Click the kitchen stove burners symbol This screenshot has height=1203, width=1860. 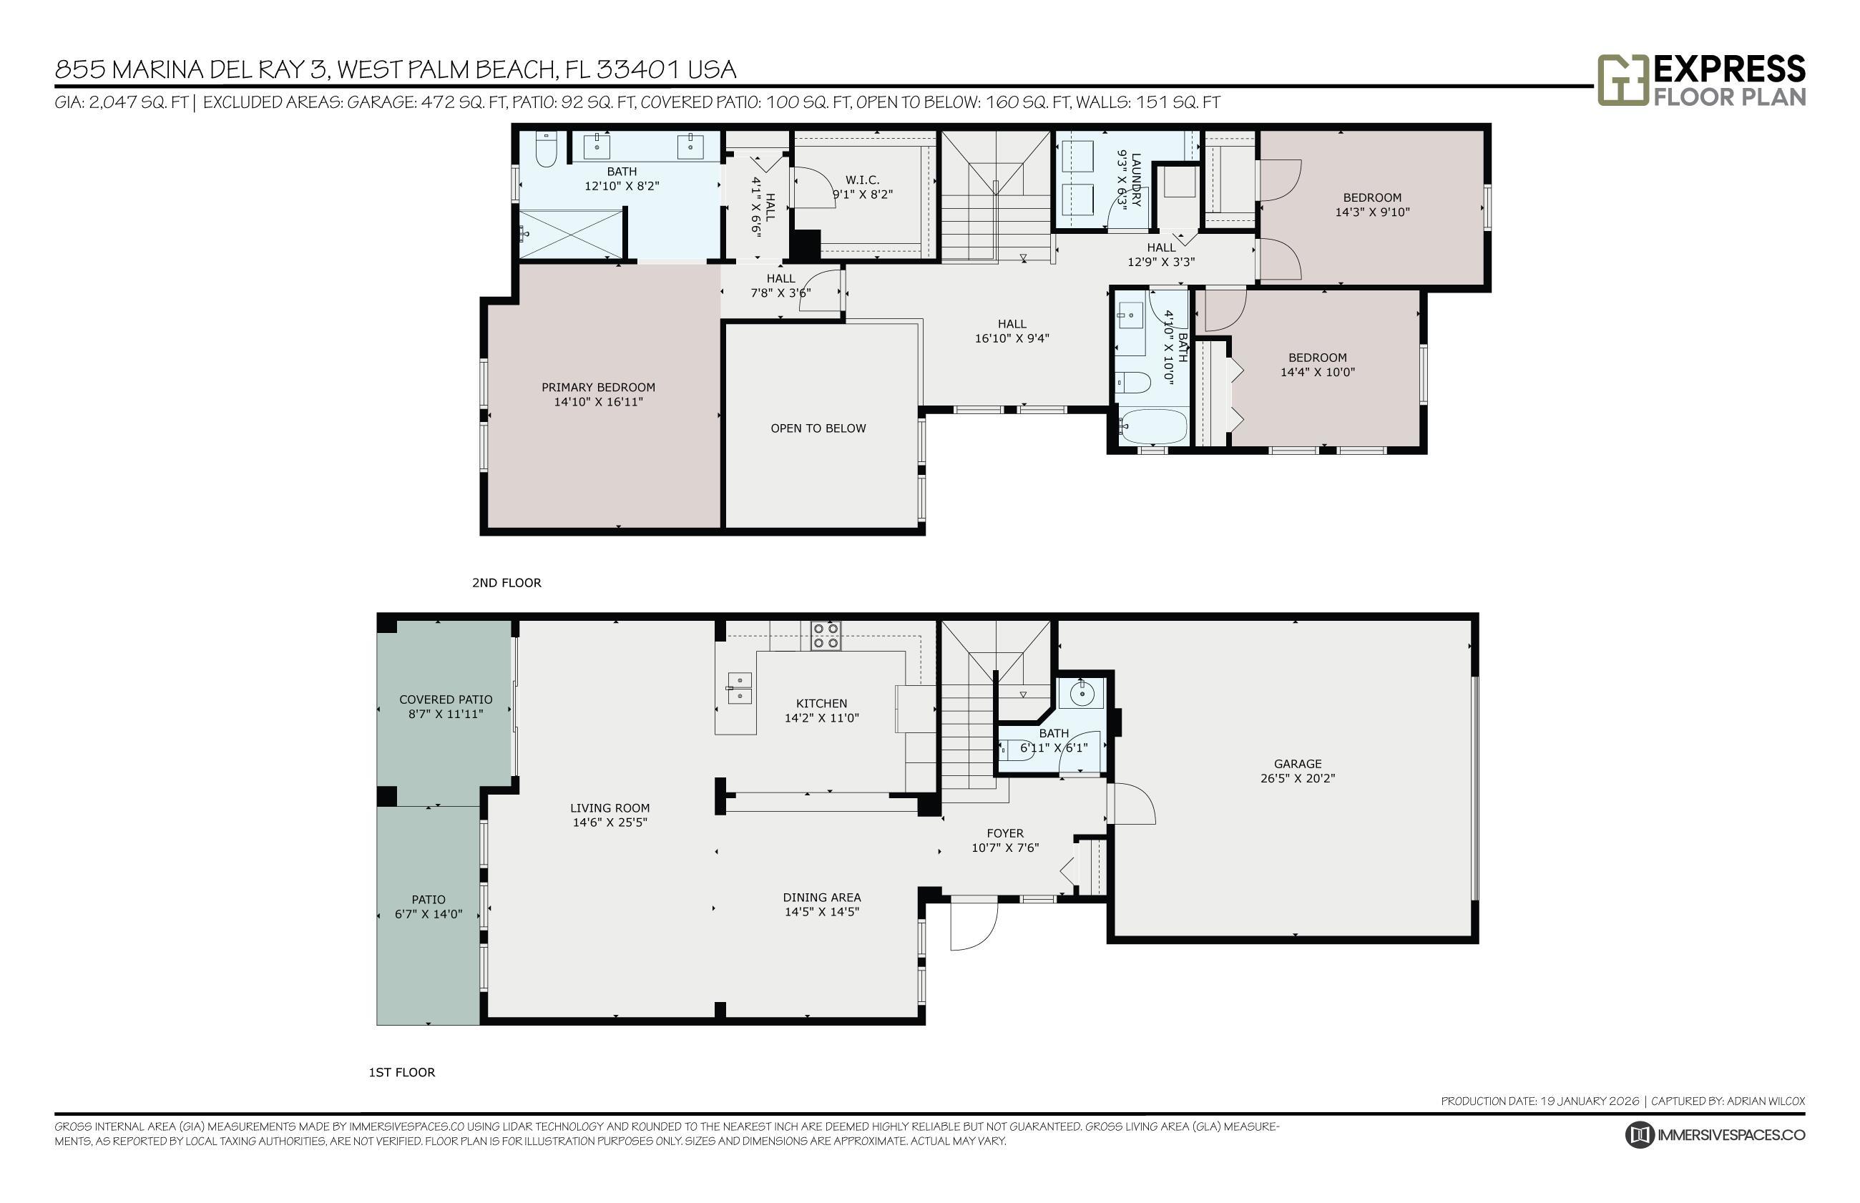pos(825,636)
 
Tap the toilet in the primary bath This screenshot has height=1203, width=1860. pos(546,149)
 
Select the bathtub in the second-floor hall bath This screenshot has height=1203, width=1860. pos(1152,426)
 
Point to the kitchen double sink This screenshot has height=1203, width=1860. pos(740,688)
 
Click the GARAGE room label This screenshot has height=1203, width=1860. pos(1298,764)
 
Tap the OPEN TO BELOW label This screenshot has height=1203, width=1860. pos(818,428)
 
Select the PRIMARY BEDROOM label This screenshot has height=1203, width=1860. pos(598,388)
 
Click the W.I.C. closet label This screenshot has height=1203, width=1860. pos(863,180)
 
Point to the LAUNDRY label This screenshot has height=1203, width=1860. pos(1136,180)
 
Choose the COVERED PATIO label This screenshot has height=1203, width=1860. pos(446,700)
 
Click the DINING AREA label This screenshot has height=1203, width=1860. pos(822,898)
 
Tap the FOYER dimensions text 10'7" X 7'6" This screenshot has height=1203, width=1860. pos(1005,848)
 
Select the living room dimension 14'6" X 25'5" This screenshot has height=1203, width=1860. pos(610,822)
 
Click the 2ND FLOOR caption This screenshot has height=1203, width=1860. pos(506,583)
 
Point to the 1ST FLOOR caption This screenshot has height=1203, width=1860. pos(401,1073)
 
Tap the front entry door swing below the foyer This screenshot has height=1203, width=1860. pos(974,924)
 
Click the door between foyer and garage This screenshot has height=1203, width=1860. pos(1131,802)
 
